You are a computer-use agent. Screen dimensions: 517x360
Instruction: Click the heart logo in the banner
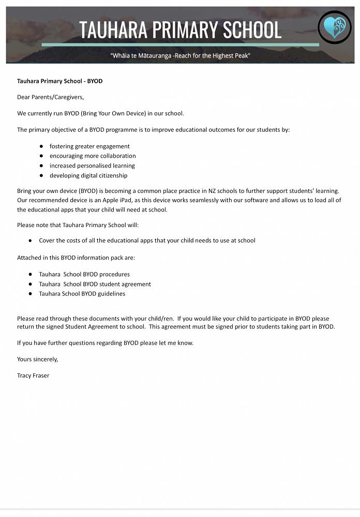tap(334, 27)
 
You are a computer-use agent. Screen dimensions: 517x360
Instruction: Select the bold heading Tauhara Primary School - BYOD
tap(59, 81)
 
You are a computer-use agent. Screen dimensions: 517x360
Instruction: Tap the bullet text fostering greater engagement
tap(89, 146)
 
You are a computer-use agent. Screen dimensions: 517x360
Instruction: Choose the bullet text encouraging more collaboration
tap(93, 156)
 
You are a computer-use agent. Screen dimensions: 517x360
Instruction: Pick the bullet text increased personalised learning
tap(92, 166)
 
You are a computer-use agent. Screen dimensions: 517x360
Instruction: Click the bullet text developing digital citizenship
tap(88, 176)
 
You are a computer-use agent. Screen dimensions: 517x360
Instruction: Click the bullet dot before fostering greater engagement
tap(41, 146)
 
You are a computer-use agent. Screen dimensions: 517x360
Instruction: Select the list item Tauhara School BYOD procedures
tap(84, 275)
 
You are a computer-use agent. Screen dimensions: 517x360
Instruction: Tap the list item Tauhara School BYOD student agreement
tap(95, 284)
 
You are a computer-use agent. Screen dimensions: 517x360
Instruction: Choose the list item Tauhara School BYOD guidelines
tap(82, 294)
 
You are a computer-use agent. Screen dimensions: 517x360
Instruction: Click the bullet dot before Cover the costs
tap(31, 240)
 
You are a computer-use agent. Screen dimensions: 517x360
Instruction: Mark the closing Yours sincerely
tap(37, 359)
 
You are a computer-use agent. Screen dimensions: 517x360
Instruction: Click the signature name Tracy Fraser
tap(33, 375)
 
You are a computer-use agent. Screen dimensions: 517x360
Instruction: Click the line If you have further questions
tap(105, 343)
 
